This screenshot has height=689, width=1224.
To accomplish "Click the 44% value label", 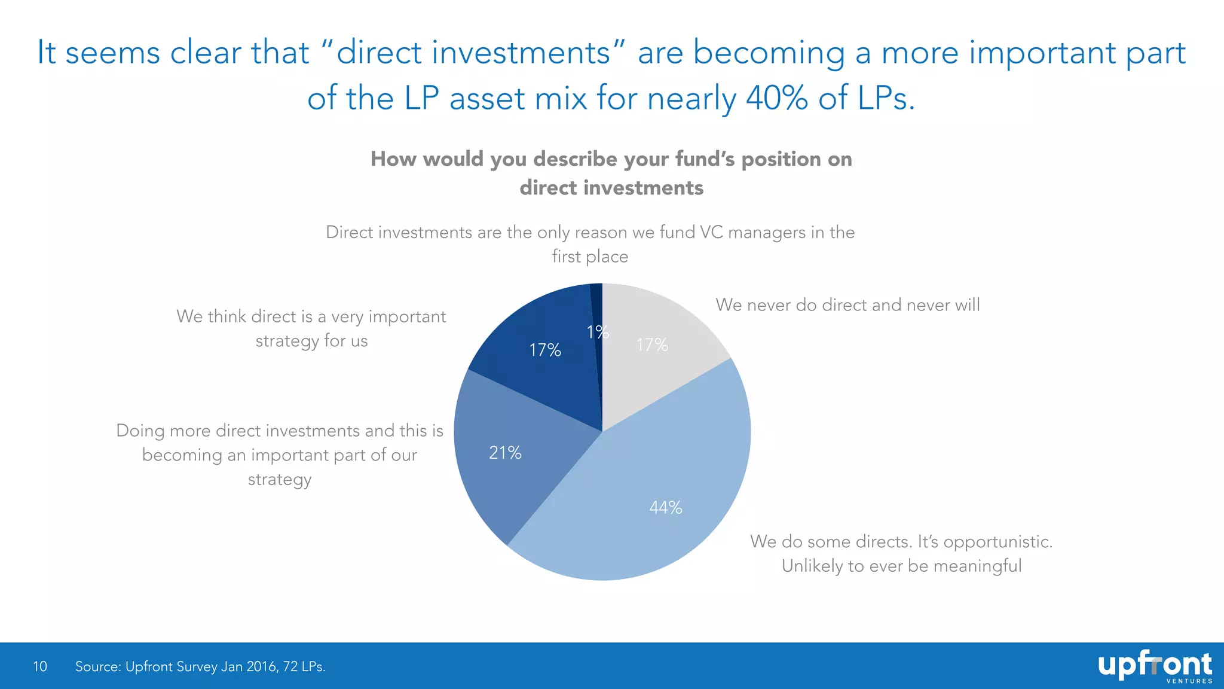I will (x=666, y=508).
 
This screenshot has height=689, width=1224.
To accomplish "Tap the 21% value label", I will (x=505, y=453).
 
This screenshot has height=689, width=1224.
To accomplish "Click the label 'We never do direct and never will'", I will (x=847, y=305).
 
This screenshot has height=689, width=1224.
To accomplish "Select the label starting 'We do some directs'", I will (x=901, y=553).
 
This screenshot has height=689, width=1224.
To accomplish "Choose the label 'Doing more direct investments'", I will (x=280, y=455).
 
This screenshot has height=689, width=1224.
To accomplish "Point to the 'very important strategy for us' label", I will (x=311, y=328).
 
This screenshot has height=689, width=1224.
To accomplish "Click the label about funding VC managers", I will (x=590, y=244).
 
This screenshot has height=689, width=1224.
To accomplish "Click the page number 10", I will (x=40, y=666).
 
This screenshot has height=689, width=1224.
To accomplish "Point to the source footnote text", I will (x=200, y=666).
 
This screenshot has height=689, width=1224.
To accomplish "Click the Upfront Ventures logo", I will (x=1155, y=666).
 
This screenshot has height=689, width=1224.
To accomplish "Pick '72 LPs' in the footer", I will (x=304, y=666).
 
